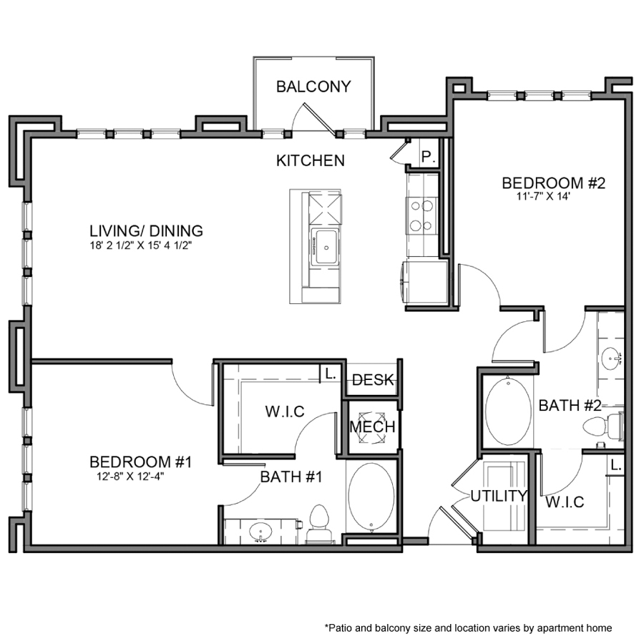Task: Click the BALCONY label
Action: click(313, 87)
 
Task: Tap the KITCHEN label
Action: click(311, 160)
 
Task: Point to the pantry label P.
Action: click(428, 157)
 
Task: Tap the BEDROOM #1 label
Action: click(141, 462)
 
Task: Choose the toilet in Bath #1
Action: click(318, 525)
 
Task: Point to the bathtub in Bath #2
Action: click(508, 411)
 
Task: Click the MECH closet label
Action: click(372, 427)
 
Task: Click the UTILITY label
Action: click(499, 495)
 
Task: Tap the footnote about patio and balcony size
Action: click(469, 628)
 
